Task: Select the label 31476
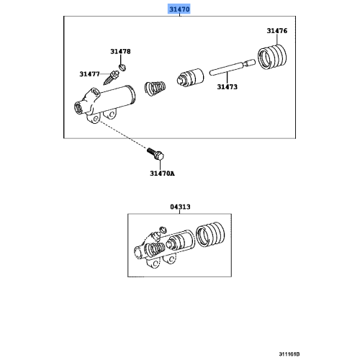[276, 31]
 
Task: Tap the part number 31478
[120, 51]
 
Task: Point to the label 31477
[90, 73]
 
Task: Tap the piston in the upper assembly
[190, 77]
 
